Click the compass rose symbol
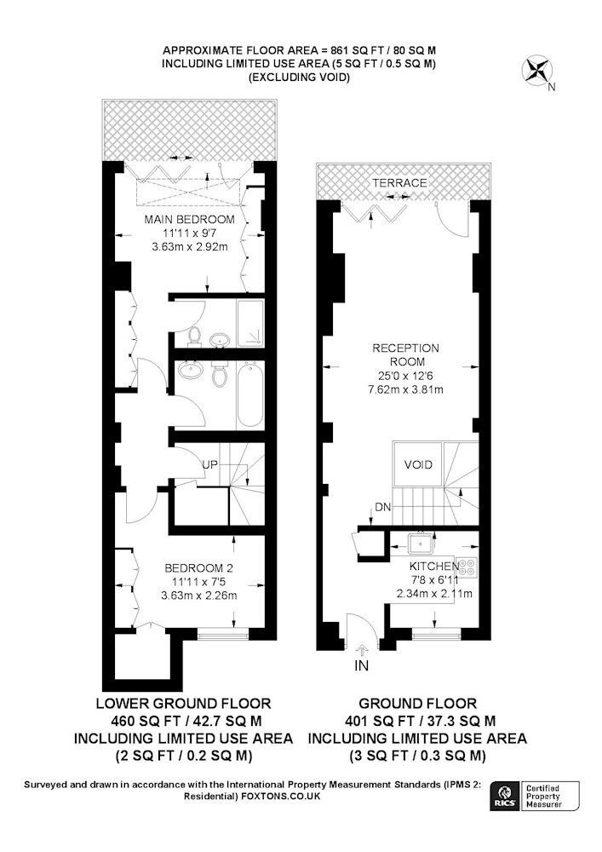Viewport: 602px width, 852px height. click(536, 72)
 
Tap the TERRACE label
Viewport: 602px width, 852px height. click(399, 182)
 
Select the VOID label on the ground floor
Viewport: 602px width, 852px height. click(419, 464)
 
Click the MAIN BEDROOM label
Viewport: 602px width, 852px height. click(189, 220)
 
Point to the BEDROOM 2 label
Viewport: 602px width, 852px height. click(198, 568)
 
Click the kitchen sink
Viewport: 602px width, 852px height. click(421, 542)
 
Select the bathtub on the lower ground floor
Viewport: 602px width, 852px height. click(250, 396)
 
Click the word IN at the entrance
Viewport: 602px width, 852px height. click(362, 665)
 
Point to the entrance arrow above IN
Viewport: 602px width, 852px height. click(362, 648)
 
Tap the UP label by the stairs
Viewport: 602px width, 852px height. click(210, 464)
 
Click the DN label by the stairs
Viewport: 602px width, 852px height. click(382, 508)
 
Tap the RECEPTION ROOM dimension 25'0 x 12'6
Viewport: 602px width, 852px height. click(405, 376)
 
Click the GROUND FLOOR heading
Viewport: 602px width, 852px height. click(417, 704)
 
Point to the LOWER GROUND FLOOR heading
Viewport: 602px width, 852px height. click(183, 704)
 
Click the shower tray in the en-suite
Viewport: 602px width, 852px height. click(250, 323)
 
